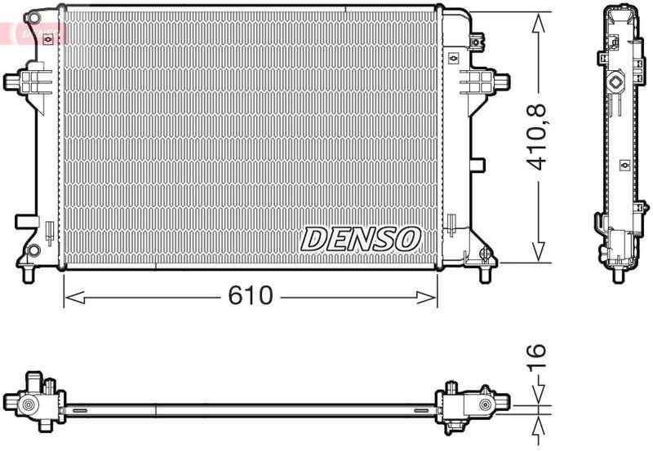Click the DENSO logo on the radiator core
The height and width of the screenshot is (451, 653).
(x=360, y=238)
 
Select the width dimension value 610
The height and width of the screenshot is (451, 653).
(x=250, y=296)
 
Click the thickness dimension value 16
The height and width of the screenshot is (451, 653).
(x=535, y=356)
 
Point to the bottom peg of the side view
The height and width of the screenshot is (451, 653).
(x=616, y=274)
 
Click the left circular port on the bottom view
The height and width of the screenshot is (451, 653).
(x=28, y=405)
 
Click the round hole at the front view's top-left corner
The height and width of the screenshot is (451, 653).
(x=33, y=18)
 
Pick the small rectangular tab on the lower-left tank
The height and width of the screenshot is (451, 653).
(x=24, y=221)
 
